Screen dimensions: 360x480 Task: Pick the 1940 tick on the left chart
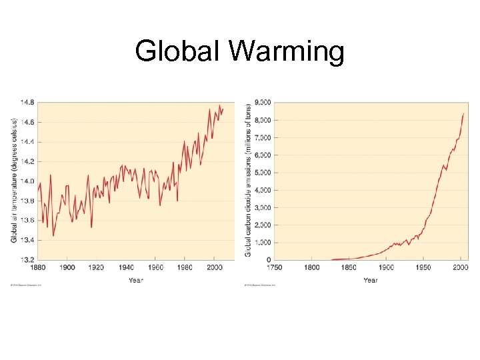coord(125,267)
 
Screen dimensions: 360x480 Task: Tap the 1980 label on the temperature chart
coord(185,267)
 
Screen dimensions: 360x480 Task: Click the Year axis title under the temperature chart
coord(136,280)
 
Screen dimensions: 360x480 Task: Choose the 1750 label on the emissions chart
coord(275,267)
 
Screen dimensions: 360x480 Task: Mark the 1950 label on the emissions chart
coord(423,267)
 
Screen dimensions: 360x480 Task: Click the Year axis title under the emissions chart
coord(371,280)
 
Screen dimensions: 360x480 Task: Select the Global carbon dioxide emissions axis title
coord(248,181)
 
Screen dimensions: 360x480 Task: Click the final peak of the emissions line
coord(463,114)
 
